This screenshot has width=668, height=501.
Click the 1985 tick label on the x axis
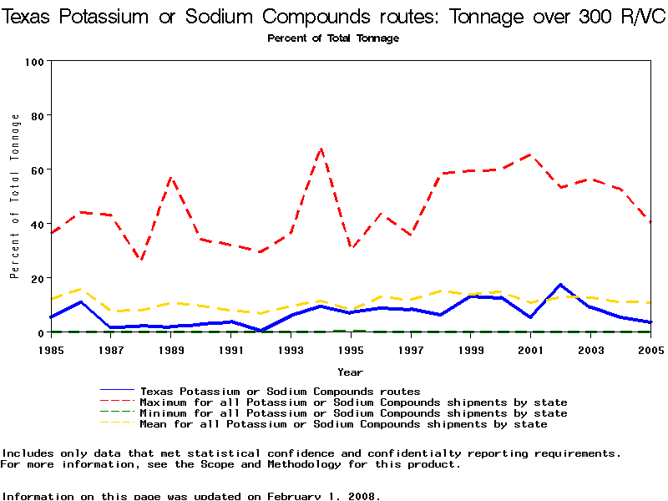51,350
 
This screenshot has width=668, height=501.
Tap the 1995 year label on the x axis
351,350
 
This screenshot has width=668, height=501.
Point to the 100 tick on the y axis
35,62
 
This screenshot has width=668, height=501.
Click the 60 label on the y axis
38,170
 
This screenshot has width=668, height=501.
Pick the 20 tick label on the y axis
38,278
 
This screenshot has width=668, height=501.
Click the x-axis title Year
351,372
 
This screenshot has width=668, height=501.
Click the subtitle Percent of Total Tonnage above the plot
333,38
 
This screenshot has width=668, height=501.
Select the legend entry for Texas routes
280,391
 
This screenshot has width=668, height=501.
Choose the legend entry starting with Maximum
353,402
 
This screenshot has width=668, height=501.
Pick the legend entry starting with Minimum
353,413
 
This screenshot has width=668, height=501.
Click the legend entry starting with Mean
343,424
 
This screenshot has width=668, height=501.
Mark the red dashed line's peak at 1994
321,149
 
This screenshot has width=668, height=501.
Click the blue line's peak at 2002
560,285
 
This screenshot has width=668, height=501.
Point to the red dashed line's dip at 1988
141,261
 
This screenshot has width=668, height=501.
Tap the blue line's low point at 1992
261,331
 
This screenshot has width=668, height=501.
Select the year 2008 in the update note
362,496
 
